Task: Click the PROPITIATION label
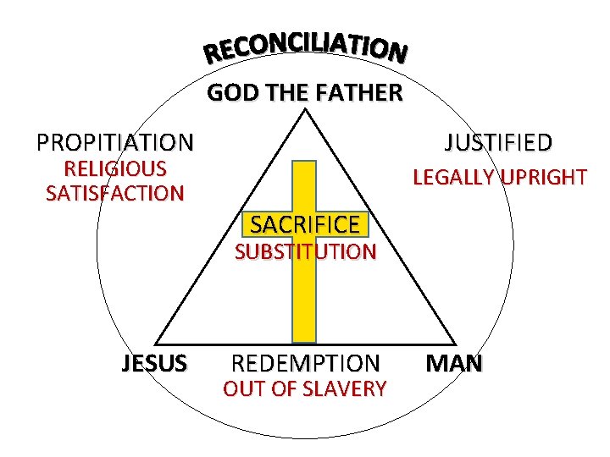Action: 115,141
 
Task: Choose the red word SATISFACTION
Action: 115,194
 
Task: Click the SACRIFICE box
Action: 305,224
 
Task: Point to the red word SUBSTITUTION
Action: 305,251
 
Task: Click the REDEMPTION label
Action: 305,364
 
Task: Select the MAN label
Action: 454,364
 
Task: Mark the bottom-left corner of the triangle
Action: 156,343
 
